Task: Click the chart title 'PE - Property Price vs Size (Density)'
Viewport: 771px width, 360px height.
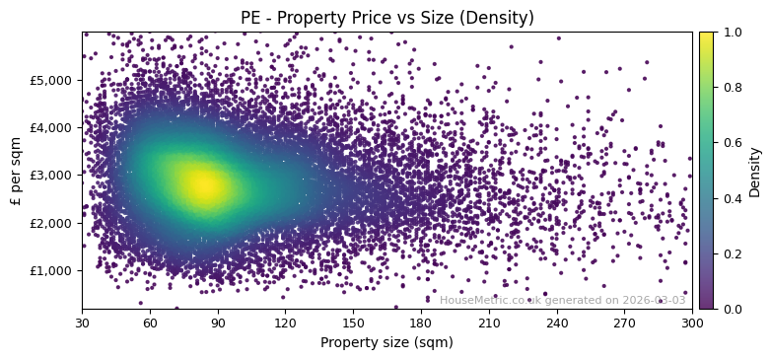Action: point(386,18)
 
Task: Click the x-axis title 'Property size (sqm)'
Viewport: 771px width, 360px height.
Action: point(386,342)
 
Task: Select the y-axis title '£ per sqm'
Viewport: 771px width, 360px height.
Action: point(16,170)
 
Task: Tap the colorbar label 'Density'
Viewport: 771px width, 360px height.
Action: point(755,171)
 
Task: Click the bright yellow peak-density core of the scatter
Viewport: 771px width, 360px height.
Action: point(204,184)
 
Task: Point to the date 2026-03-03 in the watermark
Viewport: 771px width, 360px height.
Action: point(654,301)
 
